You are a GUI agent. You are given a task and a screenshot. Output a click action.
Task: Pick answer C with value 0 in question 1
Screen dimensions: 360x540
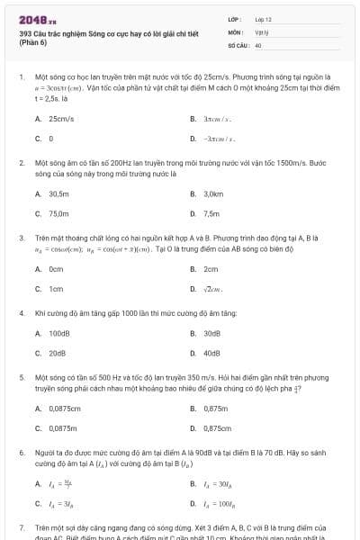(x=51, y=139)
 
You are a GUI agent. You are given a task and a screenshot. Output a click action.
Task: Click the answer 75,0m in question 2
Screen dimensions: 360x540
(x=58, y=214)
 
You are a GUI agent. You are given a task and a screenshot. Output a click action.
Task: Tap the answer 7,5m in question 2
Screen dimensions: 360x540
(x=211, y=214)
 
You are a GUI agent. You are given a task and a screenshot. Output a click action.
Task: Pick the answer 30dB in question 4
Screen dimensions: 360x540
(x=212, y=333)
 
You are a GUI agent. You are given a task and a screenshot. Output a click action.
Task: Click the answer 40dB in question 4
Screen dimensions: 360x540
(x=212, y=353)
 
